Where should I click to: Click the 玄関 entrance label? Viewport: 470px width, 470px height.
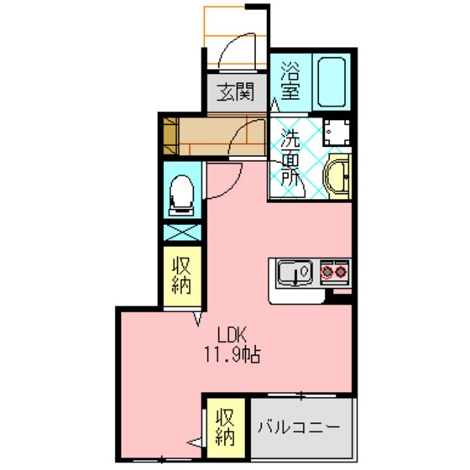tap(235, 92)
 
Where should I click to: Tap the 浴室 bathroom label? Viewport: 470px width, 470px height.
tap(290, 81)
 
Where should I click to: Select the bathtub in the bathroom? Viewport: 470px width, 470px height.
tap(332, 81)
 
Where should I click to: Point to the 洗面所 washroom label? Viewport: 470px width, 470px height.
tap(290, 158)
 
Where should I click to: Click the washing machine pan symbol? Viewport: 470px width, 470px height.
tap(337, 133)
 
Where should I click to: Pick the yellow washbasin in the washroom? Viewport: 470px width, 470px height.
tap(337, 176)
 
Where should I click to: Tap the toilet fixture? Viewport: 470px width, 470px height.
tap(181, 195)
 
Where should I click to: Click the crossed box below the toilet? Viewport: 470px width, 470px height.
tap(182, 232)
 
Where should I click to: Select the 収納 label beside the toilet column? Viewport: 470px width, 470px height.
tap(181, 276)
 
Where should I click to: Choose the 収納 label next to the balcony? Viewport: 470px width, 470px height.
tap(225, 427)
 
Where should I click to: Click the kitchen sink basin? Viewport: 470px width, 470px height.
tap(295, 273)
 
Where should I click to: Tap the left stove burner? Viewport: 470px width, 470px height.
tap(326, 272)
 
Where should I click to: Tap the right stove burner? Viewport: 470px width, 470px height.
tap(341, 272)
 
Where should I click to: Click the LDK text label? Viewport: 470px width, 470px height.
tap(232, 335)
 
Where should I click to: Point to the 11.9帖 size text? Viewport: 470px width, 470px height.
tap(232, 354)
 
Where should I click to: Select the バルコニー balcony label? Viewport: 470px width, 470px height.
tap(299, 426)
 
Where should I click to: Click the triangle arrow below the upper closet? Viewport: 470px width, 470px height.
tap(197, 319)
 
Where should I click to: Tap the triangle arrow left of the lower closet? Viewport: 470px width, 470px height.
tap(195, 441)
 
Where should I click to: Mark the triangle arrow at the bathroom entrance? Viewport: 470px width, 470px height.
tap(274, 106)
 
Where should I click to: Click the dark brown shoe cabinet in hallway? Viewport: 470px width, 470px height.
tap(171, 136)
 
